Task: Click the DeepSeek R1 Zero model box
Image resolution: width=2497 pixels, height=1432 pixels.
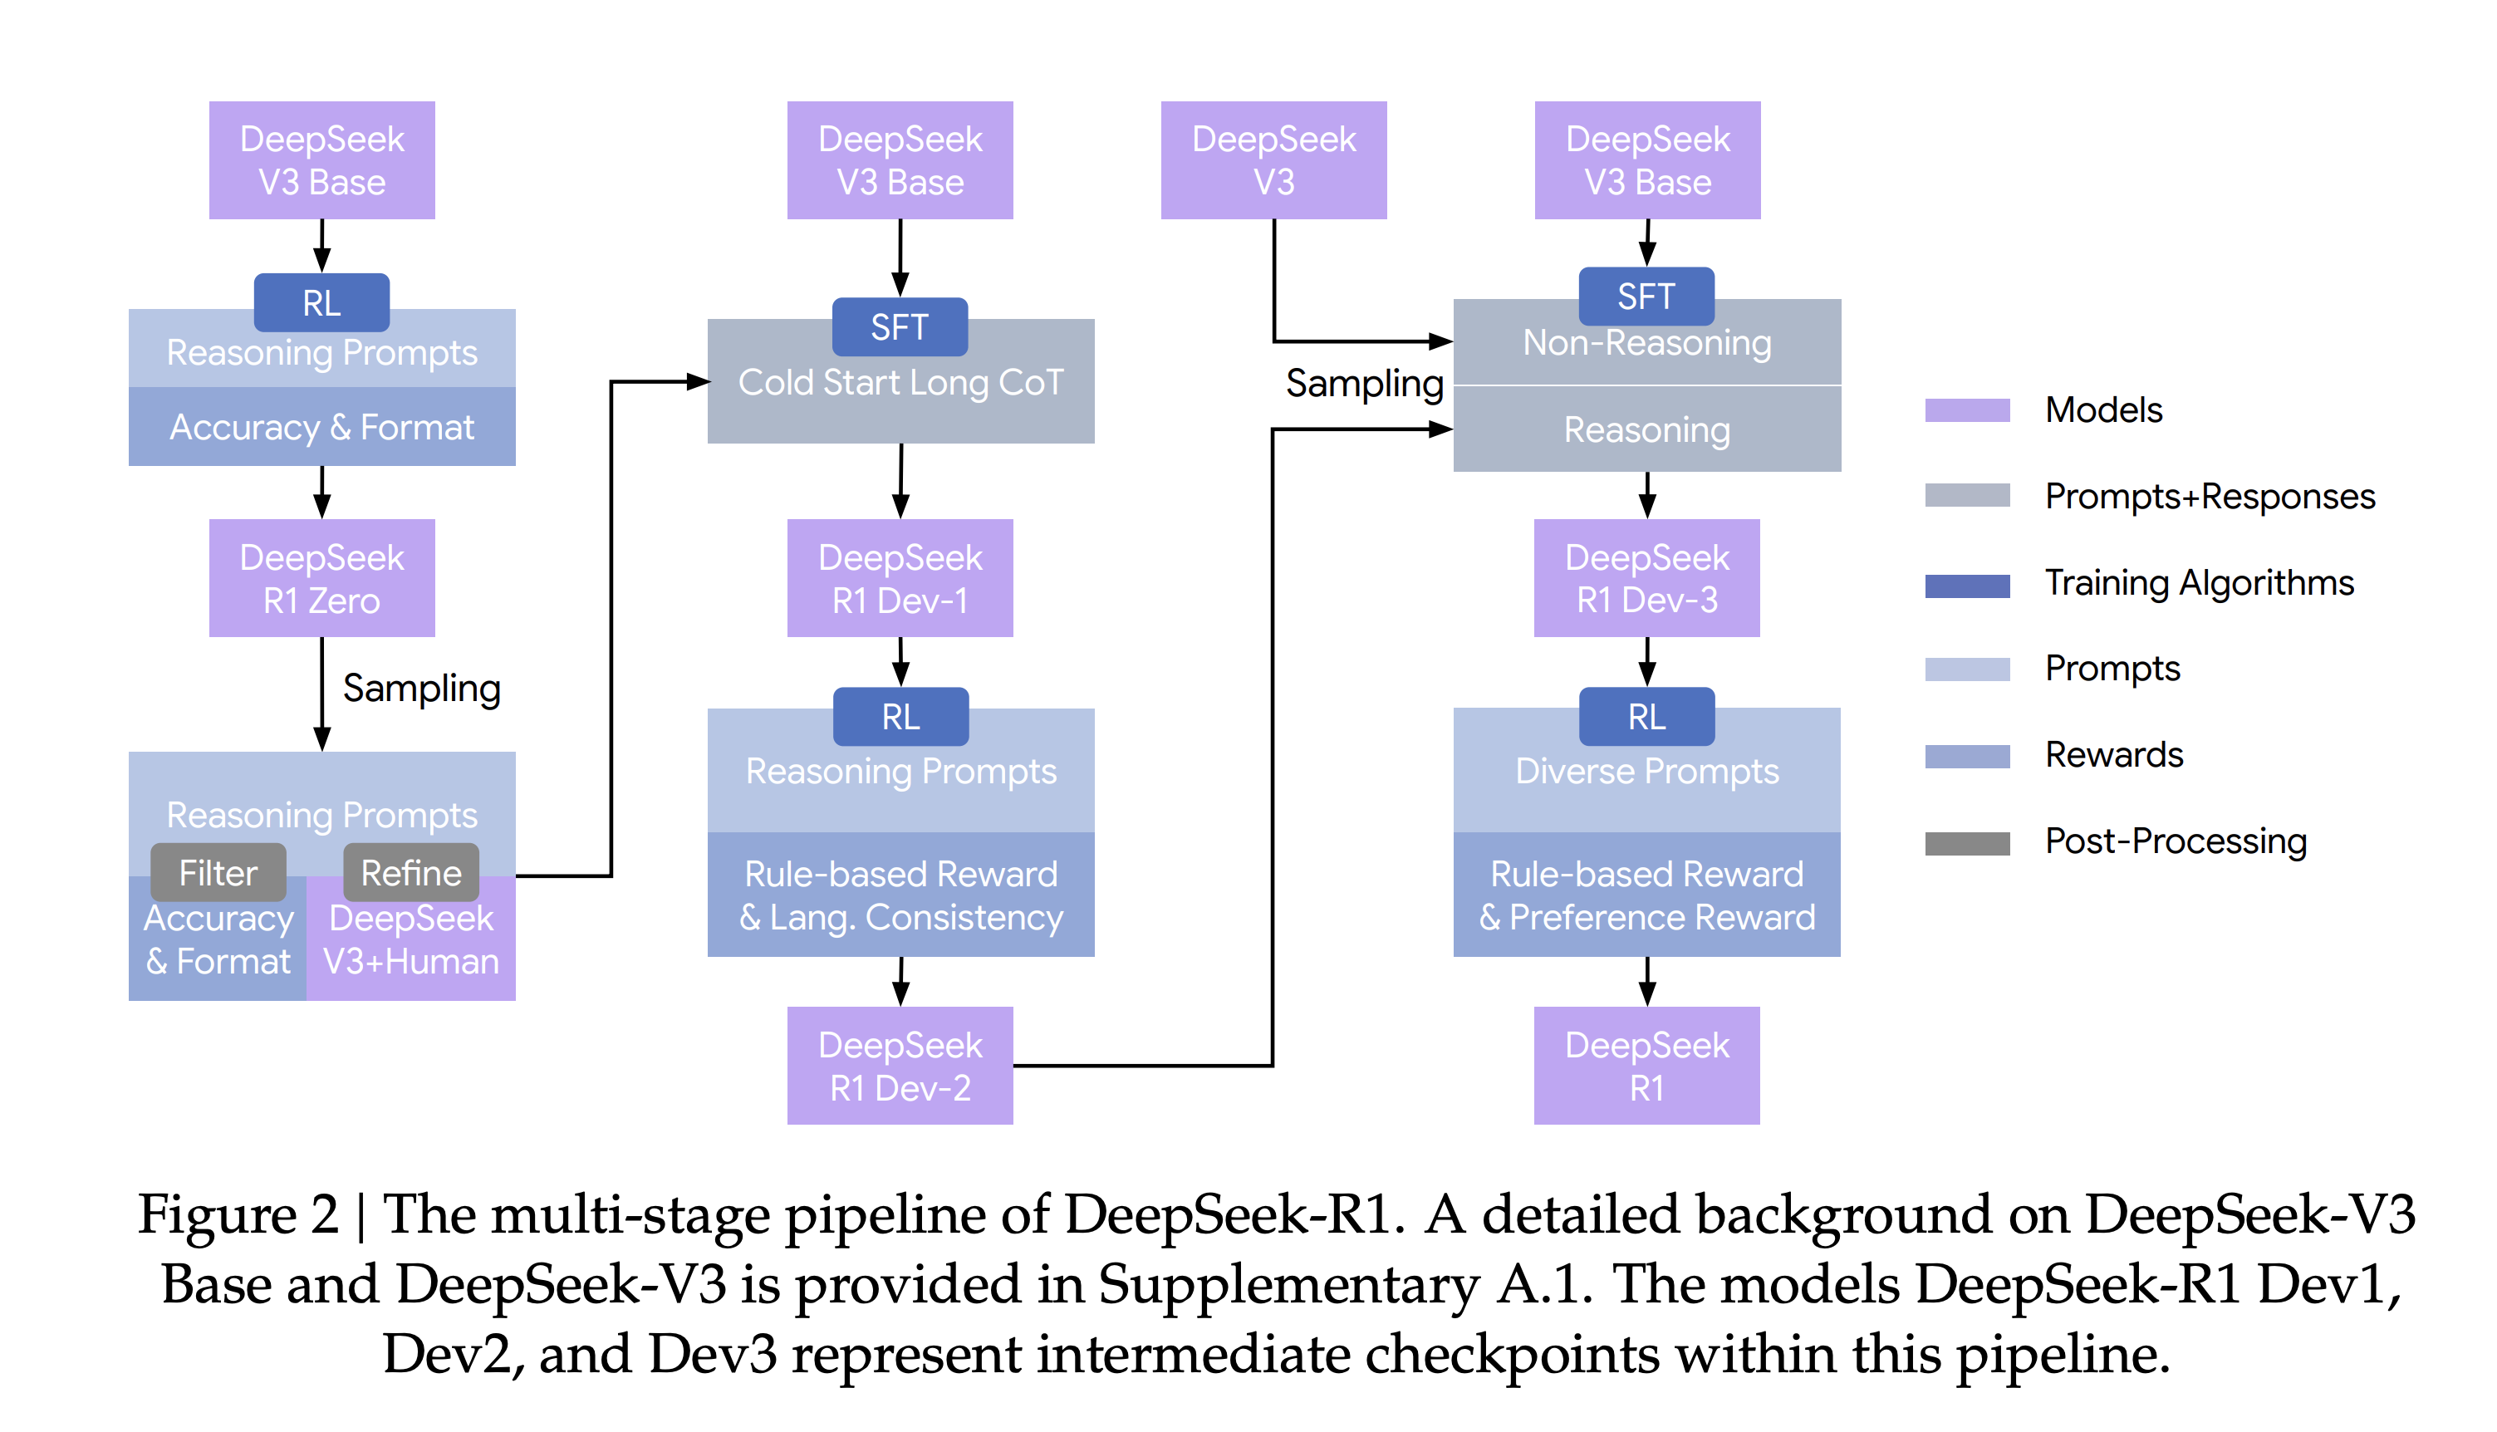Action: pos(321,578)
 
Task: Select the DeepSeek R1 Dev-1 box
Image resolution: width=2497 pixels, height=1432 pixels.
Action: pos(899,578)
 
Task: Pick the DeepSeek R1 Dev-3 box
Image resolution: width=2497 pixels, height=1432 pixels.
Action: pos(1646,578)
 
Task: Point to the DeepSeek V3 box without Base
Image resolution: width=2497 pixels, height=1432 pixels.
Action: pos(1273,160)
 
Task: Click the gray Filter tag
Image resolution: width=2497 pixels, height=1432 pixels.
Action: pos(218,872)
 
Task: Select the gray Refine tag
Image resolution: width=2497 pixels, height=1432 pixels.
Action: pos(411,872)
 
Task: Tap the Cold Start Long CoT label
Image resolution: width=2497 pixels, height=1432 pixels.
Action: pos(900,383)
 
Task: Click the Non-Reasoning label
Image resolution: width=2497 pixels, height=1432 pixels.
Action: pos(1646,343)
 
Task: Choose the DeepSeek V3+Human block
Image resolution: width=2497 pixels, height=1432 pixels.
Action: pos(411,940)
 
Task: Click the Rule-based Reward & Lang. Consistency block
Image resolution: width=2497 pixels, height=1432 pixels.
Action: pos(900,895)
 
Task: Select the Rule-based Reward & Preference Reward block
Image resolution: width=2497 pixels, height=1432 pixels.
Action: pos(1646,895)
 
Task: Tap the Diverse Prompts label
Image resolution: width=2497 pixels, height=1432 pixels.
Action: pos(1646,772)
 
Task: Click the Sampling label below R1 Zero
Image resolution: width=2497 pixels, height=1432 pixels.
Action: pos(421,689)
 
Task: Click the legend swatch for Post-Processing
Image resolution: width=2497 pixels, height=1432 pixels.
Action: pos(1966,843)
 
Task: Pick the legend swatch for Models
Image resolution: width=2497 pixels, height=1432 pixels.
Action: pos(1966,410)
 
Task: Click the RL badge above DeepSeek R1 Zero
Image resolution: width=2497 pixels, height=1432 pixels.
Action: pos(321,303)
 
